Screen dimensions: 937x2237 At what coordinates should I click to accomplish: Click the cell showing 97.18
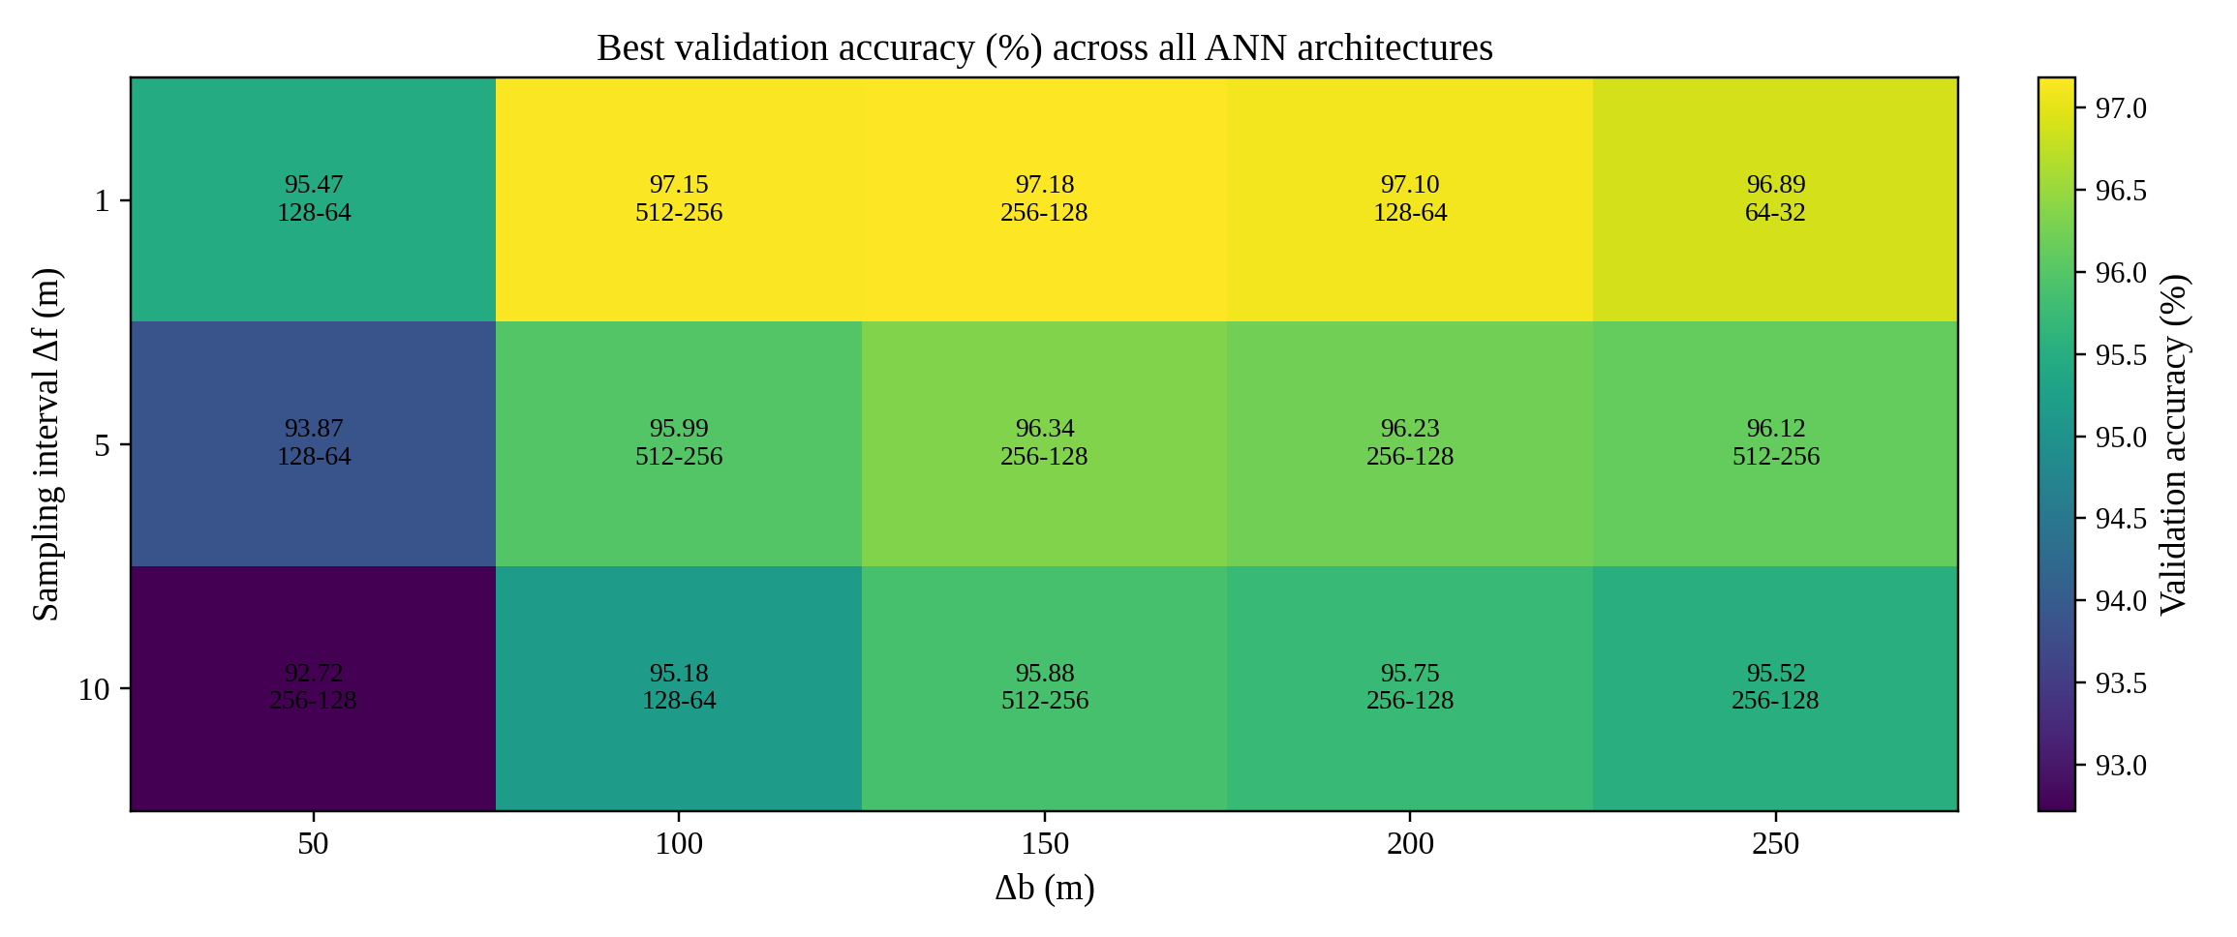(x=1044, y=198)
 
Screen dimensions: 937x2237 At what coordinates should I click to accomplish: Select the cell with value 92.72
(x=313, y=686)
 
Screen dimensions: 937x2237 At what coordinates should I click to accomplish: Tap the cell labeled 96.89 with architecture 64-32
(x=1775, y=198)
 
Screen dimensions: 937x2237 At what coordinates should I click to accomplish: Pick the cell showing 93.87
(x=313, y=442)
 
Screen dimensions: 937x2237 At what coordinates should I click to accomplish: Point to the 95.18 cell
(x=679, y=686)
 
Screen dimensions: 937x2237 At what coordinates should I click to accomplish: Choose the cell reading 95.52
(x=1775, y=686)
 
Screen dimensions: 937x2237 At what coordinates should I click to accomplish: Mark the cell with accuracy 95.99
(x=679, y=442)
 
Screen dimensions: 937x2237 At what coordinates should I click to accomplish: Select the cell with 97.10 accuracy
(x=1410, y=198)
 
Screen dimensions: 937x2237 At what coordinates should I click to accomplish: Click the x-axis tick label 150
(x=1044, y=844)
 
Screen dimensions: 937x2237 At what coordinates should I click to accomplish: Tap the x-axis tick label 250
(x=1775, y=844)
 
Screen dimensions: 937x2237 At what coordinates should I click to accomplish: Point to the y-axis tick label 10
(x=94, y=690)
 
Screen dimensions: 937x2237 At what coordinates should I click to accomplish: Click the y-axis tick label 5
(x=102, y=445)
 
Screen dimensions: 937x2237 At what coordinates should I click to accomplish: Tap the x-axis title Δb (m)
(x=1044, y=888)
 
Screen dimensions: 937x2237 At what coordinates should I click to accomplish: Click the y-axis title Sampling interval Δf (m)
(x=46, y=444)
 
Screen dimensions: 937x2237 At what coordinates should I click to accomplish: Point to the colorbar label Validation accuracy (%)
(x=2173, y=444)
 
